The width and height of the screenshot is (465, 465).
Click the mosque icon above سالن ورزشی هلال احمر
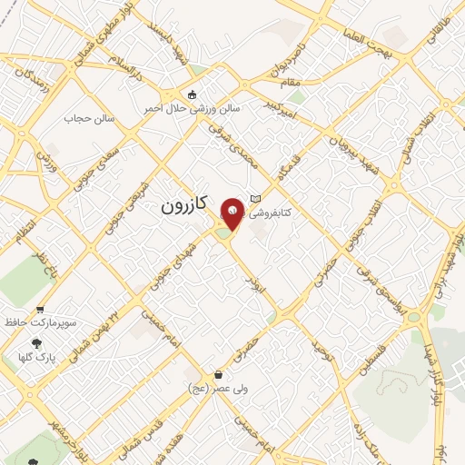(192, 94)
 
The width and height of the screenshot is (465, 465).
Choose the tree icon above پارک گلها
(36, 343)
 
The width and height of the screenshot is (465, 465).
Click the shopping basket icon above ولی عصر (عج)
(217, 375)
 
